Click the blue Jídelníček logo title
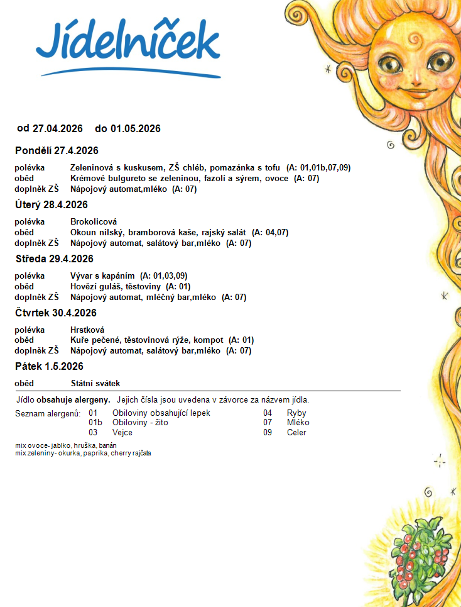[x=127, y=43]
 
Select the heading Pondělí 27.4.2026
[x=57, y=150]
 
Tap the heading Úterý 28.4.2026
[x=52, y=204]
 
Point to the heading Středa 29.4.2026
[x=54, y=259]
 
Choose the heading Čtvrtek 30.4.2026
[x=57, y=313]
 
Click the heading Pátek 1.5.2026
[x=49, y=366]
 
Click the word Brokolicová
[x=94, y=221]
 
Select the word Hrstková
[x=87, y=330]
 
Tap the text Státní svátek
[x=95, y=383]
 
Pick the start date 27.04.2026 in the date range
[x=58, y=129]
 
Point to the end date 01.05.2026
[x=136, y=129]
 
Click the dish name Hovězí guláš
[x=95, y=286]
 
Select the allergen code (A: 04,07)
[x=270, y=232]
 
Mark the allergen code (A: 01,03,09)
[x=163, y=276]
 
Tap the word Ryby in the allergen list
[x=296, y=413]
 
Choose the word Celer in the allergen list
[x=296, y=433]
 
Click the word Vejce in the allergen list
[x=122, y=433]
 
